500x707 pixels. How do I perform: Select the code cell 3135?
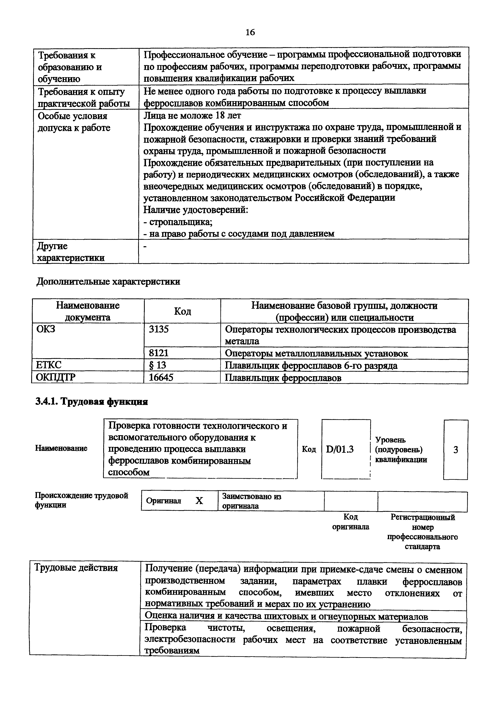pos(159,329)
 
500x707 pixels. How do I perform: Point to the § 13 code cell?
pos(157,365)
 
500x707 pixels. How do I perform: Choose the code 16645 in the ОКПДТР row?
pos(161,378)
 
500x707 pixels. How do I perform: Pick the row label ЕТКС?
pos(49,365)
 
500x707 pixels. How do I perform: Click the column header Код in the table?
pos(182,311)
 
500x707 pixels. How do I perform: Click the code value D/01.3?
pos(340,450)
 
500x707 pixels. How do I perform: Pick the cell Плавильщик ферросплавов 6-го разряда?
pos(311,365)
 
